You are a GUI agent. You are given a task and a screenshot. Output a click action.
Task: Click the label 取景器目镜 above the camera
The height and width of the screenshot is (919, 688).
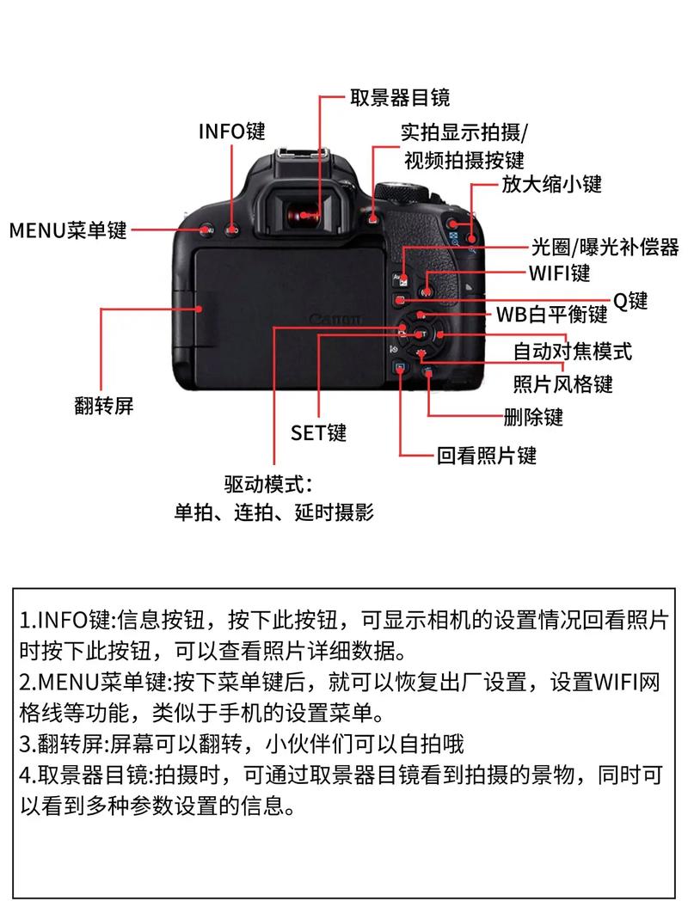[x=400, y=97]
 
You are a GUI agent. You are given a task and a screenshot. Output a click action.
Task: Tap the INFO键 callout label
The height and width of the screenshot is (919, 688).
[x=232, y=131]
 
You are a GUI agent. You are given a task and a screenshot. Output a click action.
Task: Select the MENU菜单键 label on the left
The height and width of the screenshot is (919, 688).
[x=68, y=230]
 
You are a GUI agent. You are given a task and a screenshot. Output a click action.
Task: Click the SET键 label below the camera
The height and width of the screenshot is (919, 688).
[x=318, y=432]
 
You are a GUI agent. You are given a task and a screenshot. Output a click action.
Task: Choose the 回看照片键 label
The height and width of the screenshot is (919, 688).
[x=487, y=455]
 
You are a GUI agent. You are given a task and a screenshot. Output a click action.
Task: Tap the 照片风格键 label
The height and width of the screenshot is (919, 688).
[x=563, y=383]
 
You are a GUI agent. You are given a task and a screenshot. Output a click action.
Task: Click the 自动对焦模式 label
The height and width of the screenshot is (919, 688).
[x=572, y=351]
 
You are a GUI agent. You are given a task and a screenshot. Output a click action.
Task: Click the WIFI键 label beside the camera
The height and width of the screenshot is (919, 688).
[x=559, y=273]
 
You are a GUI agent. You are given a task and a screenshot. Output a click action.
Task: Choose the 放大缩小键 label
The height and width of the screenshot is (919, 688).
[x=551, y=183]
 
